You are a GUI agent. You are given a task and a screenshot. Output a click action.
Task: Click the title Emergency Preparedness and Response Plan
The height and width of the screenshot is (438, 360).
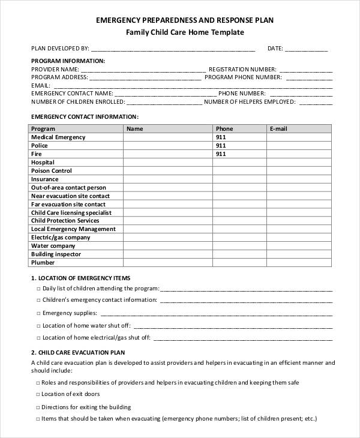(x=184, y=20)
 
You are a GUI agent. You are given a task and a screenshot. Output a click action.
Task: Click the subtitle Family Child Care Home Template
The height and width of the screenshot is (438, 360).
(x=184, y=32)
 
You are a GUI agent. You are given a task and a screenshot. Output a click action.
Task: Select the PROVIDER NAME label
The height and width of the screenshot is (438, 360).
(x=55, y=69)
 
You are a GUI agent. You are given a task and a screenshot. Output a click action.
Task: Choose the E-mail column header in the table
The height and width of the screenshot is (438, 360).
(x=278, y=128)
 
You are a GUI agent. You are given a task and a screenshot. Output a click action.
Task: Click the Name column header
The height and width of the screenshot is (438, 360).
(x=135, y=128)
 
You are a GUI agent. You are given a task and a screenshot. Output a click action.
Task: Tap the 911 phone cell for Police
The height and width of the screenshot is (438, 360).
(x=221, y=146)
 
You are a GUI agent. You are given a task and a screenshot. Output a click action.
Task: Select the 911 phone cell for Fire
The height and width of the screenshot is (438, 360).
(x=221, y=154)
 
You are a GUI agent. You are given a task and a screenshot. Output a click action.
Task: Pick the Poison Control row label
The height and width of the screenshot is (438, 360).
(x=52, y=171)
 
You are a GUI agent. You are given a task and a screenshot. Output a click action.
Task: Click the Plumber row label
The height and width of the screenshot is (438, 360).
(x=43, y=263)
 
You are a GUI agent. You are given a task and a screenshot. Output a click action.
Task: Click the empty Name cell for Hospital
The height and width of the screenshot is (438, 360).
(x=167, y=163)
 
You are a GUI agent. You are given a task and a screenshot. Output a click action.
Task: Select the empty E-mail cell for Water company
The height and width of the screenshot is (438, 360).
(x=298, y=246)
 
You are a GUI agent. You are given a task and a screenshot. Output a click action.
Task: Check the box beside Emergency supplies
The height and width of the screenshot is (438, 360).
(x=38, y=313)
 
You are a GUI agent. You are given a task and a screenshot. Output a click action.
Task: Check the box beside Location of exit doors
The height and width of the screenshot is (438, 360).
(x=38, y=394)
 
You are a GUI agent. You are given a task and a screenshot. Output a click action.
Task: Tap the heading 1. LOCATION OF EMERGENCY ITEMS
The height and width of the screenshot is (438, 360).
(x=80, y=278)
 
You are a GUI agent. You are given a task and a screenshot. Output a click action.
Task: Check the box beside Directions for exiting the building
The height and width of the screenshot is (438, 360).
(x=38, y=407)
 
